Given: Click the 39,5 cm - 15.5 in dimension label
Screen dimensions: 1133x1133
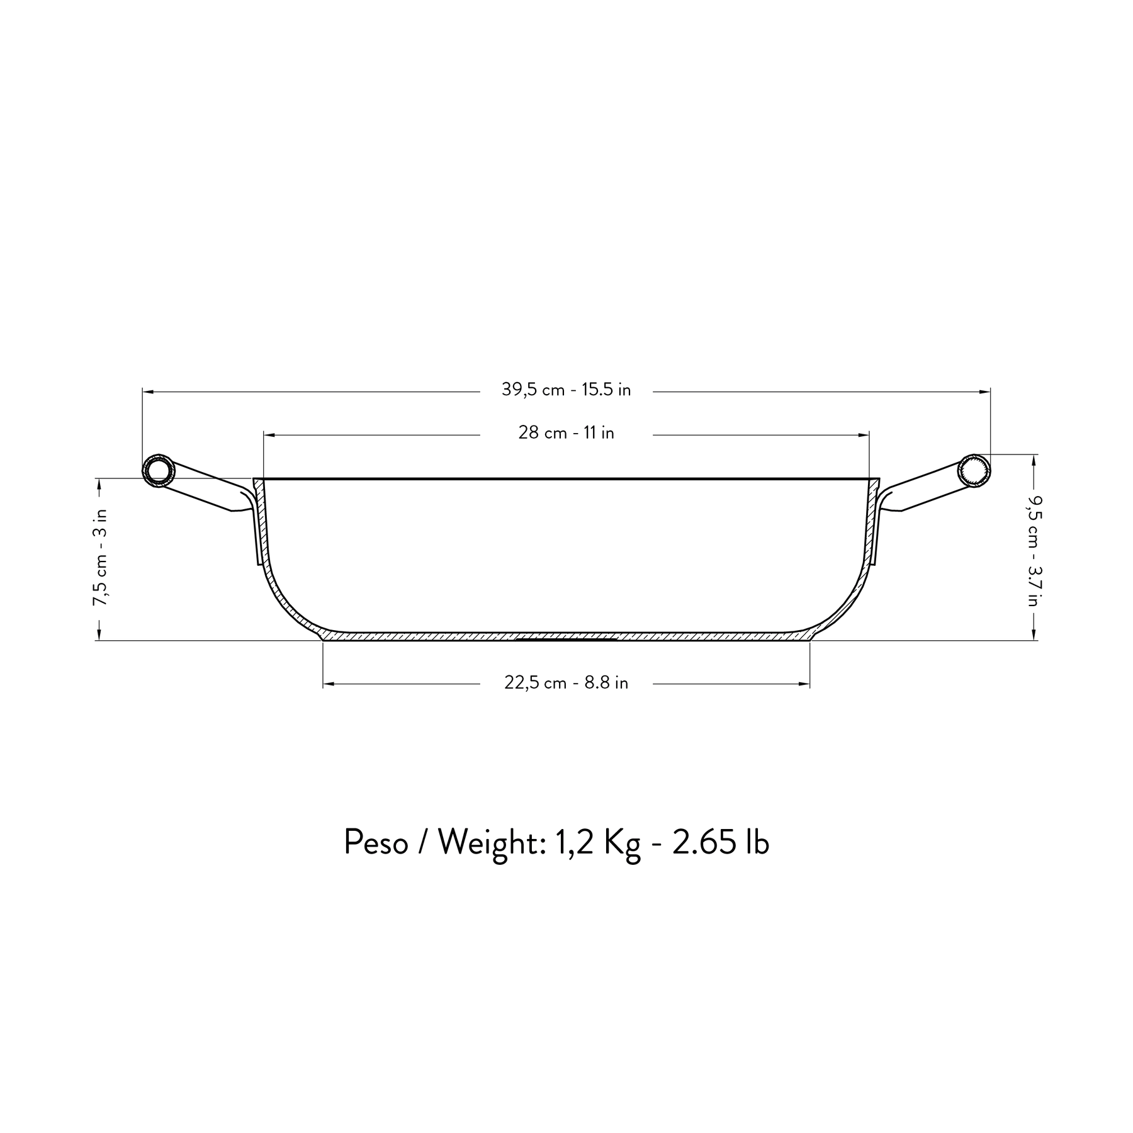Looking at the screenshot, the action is [x=566, y=390].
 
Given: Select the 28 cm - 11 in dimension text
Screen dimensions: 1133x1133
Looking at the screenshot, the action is [x=566, y=433].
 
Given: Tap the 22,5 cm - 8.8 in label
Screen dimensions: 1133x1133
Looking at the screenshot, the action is [x=566, y=683].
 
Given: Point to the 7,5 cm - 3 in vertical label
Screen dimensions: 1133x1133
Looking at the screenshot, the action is [x=101, y=558].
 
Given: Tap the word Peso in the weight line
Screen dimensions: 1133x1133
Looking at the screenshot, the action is [x=376, y=842].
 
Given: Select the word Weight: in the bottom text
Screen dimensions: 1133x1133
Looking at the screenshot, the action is [x=488, y=842].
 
